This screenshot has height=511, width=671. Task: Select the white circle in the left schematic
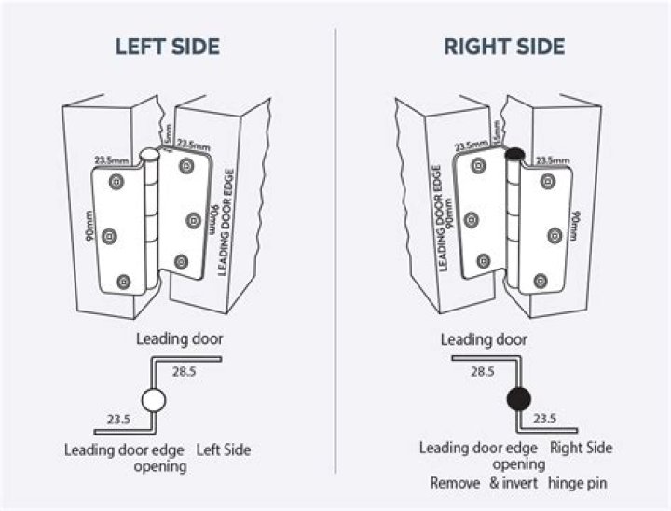154,401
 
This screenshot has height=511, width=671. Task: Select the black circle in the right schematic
517,399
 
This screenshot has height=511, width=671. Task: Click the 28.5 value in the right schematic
482,371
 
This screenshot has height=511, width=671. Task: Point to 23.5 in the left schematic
118,419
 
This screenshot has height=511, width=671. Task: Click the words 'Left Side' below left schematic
224,450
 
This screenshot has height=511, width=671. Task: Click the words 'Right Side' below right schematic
582,449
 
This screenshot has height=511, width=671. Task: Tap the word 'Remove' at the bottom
454,483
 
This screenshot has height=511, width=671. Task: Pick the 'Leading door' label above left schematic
180,338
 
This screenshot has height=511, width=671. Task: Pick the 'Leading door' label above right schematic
483,339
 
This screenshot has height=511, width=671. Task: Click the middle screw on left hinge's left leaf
108,236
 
